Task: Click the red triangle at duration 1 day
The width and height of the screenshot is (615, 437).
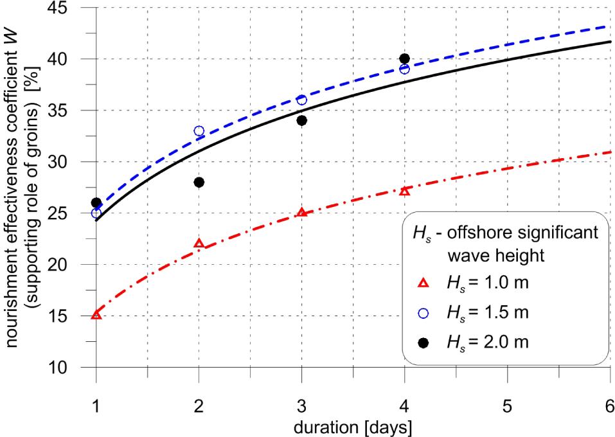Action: [x=96, y=315]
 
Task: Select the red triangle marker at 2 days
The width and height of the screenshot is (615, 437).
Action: [x=199, y=244]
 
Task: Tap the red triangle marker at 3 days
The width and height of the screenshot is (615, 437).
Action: [x=302, y=212]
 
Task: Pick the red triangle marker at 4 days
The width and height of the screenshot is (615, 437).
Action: [x=404, y=191]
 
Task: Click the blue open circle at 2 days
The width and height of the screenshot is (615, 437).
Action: [x=199, y=131]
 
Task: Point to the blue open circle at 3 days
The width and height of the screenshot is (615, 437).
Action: [x=302, y=100]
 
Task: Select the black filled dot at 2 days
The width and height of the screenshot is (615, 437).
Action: [x=199, y=183]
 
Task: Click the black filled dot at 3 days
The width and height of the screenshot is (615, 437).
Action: [x=302, y=121]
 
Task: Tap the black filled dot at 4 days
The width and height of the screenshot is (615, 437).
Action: [x=404, y=59]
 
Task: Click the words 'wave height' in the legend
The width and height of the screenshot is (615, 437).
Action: [x=495, y=255]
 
